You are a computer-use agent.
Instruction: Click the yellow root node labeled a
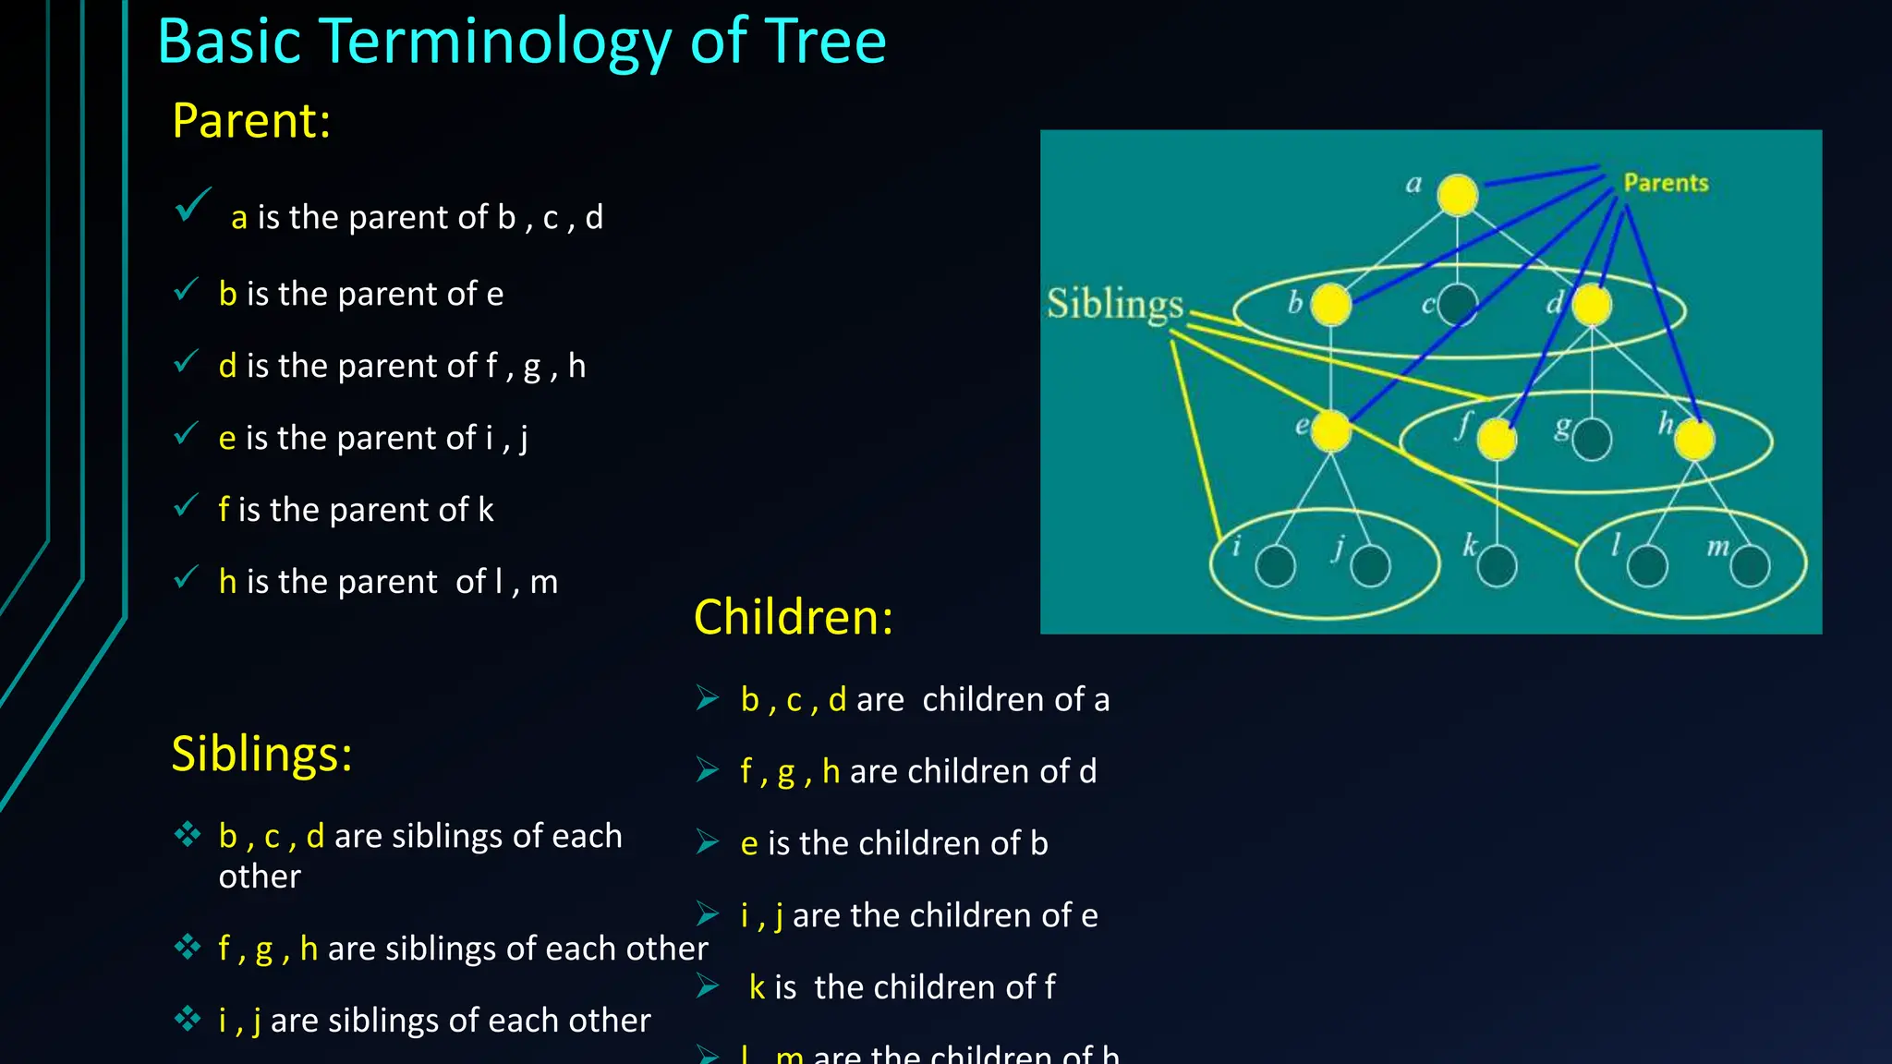tap(1458, 195)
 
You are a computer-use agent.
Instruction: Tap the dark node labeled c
tap(1458, 304)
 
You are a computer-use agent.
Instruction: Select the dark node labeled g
tap(1592, 440)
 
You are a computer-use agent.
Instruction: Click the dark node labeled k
tap(1497, 565)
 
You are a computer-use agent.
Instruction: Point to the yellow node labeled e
tap(1330, 430)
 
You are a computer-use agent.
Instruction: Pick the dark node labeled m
tap(1750, 566)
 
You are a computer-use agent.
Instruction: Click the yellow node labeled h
tap(1694, 440)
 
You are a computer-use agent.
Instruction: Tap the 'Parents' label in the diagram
tap(1666, 183)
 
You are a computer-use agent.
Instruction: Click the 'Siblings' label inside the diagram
tap(1114, 304)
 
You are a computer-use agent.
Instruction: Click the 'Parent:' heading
tap(251, 121)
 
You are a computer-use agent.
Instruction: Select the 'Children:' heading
tap(793, 617)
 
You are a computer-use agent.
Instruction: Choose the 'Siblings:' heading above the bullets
tap(261, 754)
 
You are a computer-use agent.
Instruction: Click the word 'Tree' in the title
tap(826, 42)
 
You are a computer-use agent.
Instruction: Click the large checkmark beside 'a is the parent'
tap(192, 205)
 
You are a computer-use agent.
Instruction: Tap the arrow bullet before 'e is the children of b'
tap(708, 842)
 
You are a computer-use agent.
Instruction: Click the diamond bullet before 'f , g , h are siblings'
tap(188, 947)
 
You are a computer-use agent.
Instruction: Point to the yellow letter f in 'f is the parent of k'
tap(224, 510)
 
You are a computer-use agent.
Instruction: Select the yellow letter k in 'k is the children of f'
tap(757, 987)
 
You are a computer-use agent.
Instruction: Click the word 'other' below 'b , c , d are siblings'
tap(260, 877)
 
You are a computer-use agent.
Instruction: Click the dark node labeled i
tap(1276, 566)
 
